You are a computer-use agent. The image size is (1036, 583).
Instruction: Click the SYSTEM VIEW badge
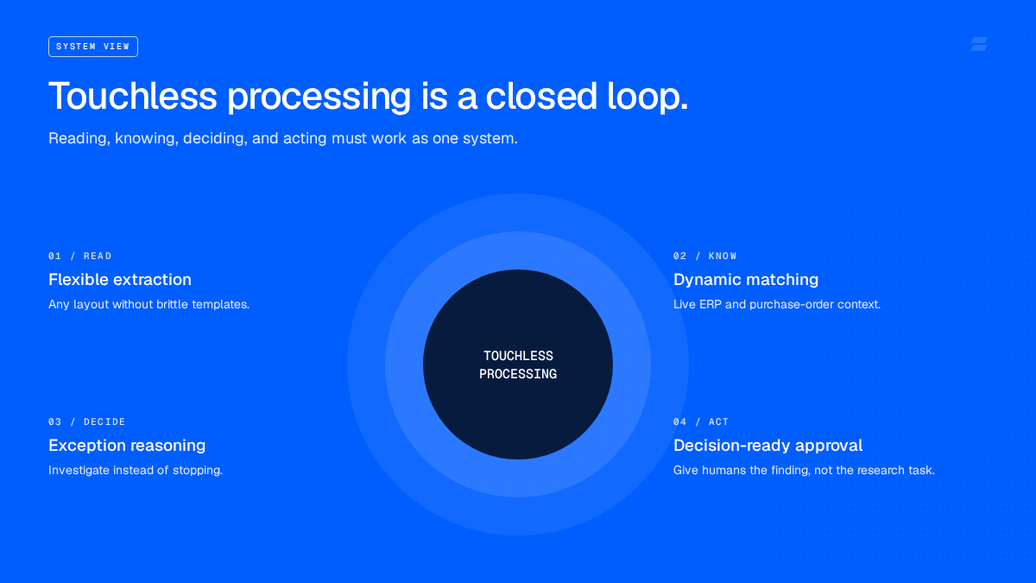pyautogui.click(x=93, y=47)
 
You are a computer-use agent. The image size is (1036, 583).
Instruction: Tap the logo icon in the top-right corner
pyautogui.click(x=979, y=44)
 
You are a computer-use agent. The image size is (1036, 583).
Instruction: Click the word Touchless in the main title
pyautogui.click(x=133, y=96)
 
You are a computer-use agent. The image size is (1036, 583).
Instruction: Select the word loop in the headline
pyautogui.click(x=647, y=97)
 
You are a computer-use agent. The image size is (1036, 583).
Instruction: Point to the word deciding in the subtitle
pyautogui.click(x=214, y=138)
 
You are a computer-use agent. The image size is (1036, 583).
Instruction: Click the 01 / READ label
pyautogui.click(x=80, y=256)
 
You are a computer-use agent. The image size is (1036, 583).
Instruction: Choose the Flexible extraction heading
pyautogui.click(x=120, y=280)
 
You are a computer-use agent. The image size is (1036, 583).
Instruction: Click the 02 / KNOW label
pyautogui.click(x=704, y=256)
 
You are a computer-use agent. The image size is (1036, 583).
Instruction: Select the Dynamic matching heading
pyautogui.click(x=746, y=280)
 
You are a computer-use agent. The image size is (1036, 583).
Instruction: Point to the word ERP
pyautogui.click(x=710, y=304)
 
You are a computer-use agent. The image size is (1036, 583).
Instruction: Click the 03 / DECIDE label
pyautogui.click(x=87, y=421)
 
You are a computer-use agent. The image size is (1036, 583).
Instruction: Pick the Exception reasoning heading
pyautogui.click(x=127, y=445)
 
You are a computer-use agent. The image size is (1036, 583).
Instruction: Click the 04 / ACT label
pyautogui.click(x=701, y=421)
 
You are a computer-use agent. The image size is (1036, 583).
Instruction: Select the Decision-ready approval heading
pyautogui.click(x=768, y=445)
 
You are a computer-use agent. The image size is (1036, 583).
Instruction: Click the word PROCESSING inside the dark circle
pyautogui.click(x=518, y=374)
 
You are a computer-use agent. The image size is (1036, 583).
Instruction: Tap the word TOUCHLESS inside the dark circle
pyautogui.click(x=518, y=356)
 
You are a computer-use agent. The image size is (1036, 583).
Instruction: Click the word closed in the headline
pyautogui.click(x=541, y=96)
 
